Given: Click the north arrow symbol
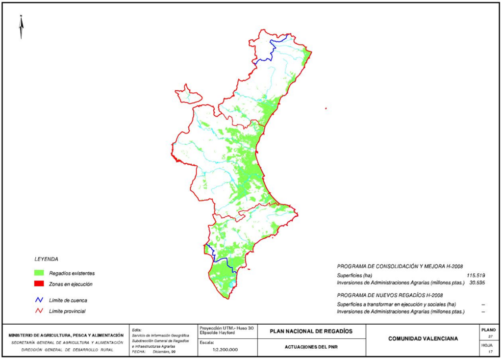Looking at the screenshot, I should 21,27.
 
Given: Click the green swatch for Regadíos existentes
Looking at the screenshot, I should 39,273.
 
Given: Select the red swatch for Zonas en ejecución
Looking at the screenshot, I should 39,284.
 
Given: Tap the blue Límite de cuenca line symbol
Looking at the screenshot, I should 39,300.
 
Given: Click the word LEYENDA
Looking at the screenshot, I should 46,258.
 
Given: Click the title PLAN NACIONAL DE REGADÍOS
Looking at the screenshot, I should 311,331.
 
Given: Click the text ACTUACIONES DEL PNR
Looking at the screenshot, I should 311,347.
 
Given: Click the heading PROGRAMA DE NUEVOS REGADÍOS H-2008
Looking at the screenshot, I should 390,295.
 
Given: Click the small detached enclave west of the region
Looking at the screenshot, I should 187,95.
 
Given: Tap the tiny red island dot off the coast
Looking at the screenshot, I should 326,109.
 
